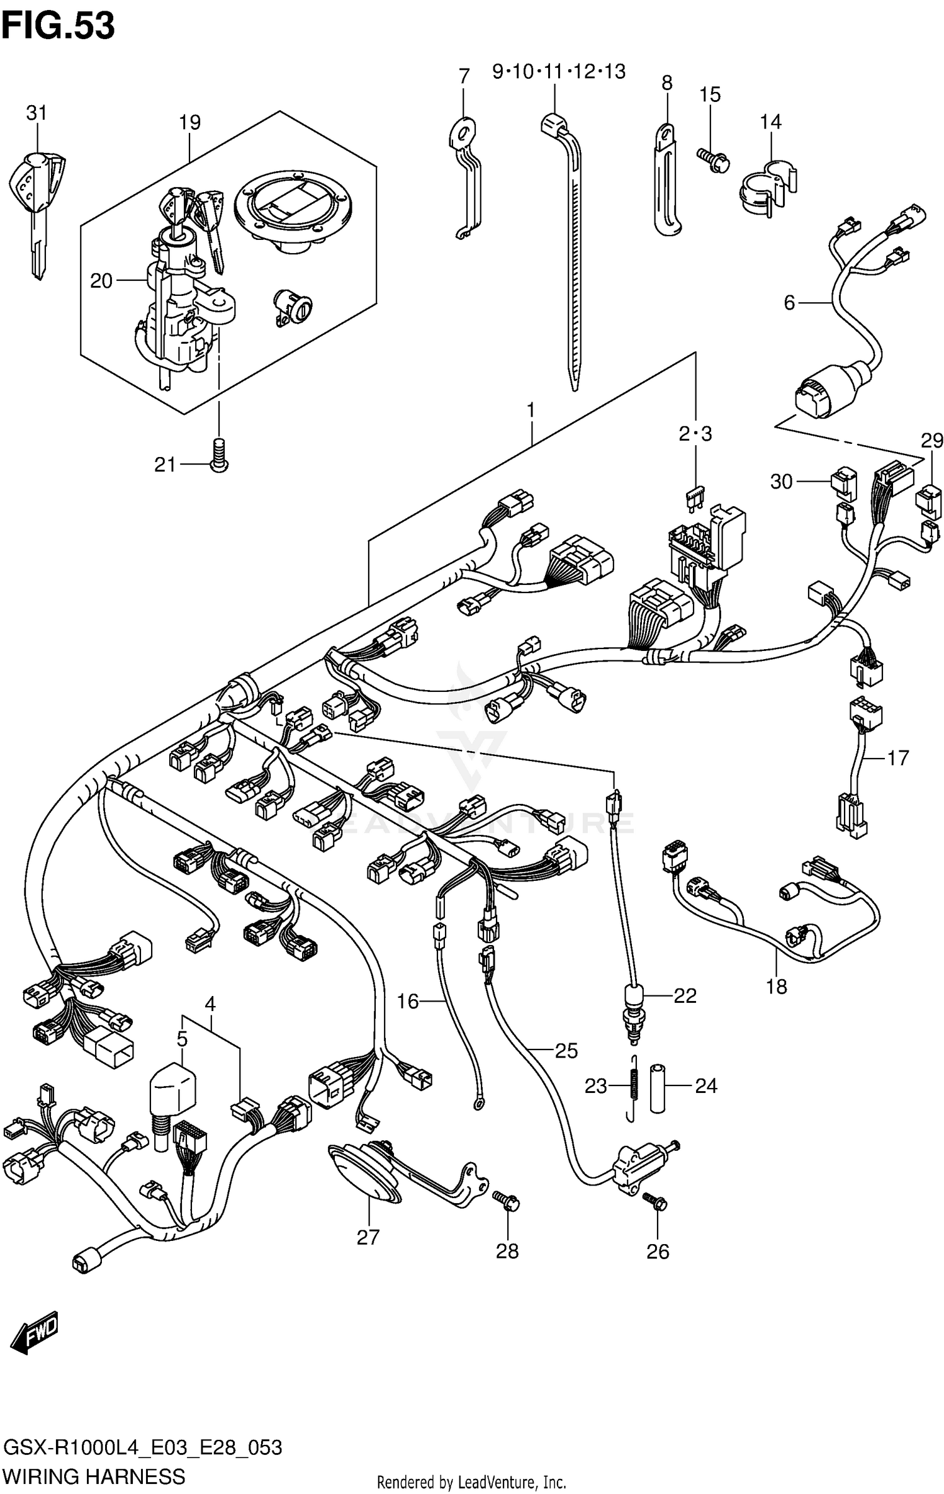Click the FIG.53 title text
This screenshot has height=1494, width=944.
[x=58, y=26]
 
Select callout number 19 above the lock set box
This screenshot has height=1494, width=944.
[x=189, y=122]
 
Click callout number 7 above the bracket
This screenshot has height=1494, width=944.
[x=464, y=77]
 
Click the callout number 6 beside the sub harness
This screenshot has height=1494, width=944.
[x=789, y=303]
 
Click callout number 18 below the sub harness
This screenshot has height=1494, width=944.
[x=777, y=987]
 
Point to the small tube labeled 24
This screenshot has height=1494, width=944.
[x=658, y=1089]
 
